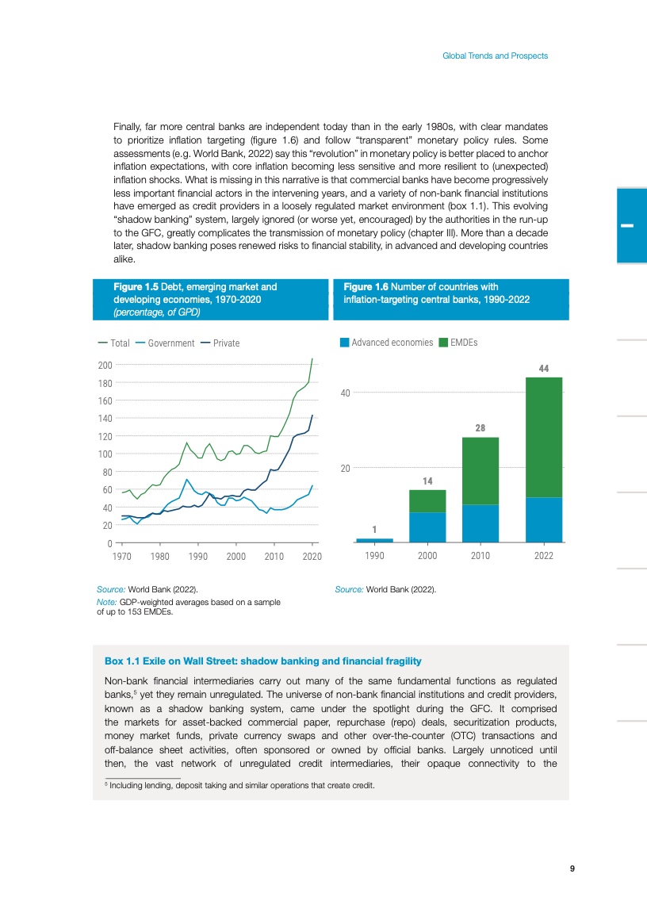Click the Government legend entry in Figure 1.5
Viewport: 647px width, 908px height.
pos(170,343)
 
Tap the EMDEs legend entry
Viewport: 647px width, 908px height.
pos(464,343)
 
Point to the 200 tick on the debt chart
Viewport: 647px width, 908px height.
pos(105,366)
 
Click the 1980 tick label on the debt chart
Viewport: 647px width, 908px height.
pos(159,557)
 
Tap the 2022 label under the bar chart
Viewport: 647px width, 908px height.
pos(543,557)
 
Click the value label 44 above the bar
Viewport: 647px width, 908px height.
pos(544,369)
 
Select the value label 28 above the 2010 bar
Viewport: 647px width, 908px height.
pos(480,428)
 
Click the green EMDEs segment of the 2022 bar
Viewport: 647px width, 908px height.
pos(544,436)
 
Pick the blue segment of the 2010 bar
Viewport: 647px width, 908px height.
pos(480,523)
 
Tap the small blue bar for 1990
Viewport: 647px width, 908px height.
pos(374,540)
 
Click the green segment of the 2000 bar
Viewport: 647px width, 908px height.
pos(427,501)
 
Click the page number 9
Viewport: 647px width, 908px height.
pos(572,868)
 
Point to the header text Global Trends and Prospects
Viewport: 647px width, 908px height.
pos(495,56)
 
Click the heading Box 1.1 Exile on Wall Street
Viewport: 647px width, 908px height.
pos(262,661)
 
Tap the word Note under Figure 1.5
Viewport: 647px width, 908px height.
pos(105,603)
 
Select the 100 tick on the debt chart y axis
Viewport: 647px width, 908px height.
pos(105,454)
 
